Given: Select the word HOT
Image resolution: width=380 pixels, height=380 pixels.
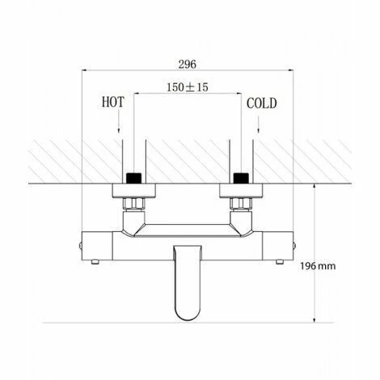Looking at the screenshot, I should (112, 103).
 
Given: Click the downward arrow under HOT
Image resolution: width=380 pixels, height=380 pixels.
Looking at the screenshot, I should (118, 124).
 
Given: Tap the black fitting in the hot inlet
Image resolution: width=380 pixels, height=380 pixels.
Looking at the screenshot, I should (132, 176).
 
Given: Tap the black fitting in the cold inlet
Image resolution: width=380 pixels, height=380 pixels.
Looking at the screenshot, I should (240, 176).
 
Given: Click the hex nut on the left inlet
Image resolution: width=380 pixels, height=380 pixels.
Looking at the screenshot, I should (132, 199).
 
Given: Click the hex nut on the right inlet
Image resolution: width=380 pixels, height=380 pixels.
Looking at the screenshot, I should (240, 199).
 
